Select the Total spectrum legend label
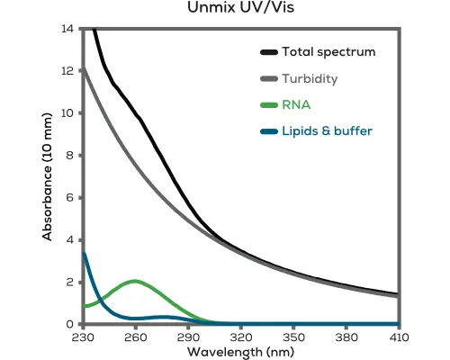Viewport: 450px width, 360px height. (x=328, y=51)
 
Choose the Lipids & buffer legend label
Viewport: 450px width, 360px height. (x=327, y=131)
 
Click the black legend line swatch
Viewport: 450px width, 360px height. (x=267, y=51)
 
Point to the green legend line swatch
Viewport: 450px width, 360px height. (x=267, y=105)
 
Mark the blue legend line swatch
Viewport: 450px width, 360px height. (x=267, y=132)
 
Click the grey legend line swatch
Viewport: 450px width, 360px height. (x=267, y=78)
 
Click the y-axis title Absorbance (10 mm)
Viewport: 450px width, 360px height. (x=47, y=175)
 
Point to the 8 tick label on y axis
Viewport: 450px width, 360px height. (x=69, y=156)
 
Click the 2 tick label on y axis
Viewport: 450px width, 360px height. (x=69, y=283)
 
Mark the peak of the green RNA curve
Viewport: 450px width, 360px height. (x=135, y=281)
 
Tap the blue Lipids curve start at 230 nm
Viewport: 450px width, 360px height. (x=83, y=253)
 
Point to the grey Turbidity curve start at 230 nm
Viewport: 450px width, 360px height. (x=83, y=68)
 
